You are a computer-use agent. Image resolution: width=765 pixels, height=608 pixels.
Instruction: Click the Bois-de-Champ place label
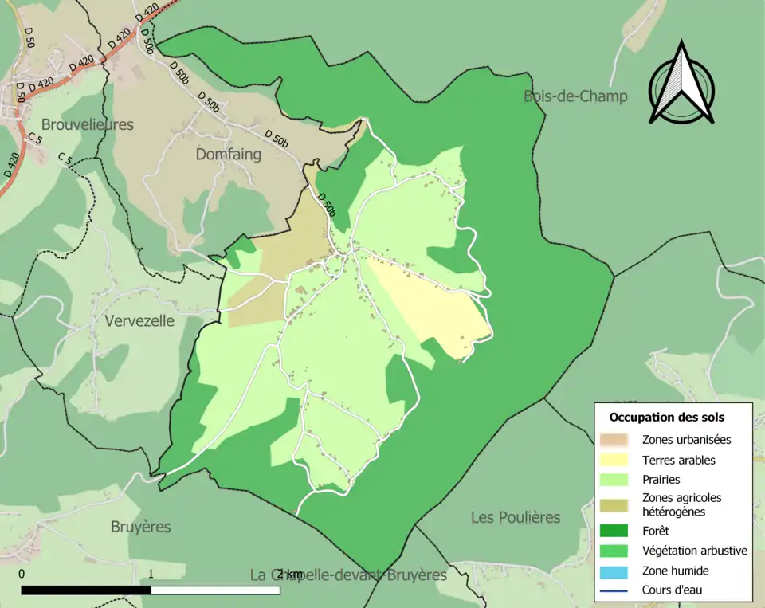(x=575, y=96)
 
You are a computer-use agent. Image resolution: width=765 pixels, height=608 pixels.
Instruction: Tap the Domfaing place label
(x=228, y=155)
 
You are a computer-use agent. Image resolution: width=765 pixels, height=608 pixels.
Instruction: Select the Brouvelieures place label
(x=87, y=124)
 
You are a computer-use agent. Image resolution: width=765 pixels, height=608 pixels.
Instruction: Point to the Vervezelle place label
(x=139, y=321)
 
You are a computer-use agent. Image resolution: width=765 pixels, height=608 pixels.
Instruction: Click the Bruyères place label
(x=140, y=527)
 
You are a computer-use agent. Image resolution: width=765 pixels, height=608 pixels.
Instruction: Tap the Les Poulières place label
(x=515, y=517)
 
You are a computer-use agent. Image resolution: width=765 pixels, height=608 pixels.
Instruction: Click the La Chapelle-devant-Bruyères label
(x=348, y=575)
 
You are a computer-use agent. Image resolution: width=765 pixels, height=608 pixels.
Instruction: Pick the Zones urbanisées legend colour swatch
(x=614, y=439)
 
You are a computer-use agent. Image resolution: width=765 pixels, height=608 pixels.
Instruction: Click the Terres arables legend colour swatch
(x=614, y=460)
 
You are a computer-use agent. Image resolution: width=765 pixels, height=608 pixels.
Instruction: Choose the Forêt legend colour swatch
(x=614, y=530)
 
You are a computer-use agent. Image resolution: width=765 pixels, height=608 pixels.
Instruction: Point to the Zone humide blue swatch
(x=614, y=571)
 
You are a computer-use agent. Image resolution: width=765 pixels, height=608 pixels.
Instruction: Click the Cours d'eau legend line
(x=614, y=590)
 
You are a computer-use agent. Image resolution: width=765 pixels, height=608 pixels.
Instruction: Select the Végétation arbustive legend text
(x=694, y=551)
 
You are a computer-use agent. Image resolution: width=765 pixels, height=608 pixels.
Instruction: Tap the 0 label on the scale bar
(x=22, y=574)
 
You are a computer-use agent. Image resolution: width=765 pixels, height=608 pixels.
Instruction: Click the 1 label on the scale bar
(x=151, y=574)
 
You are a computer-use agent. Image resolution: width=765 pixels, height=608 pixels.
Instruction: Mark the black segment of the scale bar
(x=86, y=590)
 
